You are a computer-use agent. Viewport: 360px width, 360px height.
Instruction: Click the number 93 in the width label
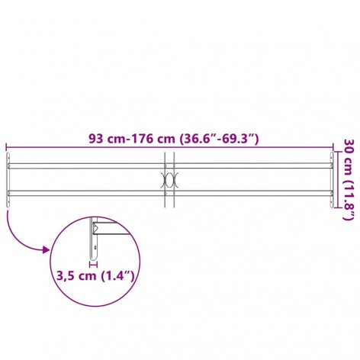[x=95, y=139]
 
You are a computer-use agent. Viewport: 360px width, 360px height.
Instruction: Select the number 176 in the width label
[x=140, y=139]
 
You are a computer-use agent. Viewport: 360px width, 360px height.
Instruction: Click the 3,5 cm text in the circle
[x=76, y=276]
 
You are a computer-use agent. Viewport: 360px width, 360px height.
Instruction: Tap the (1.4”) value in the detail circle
[x=117, y=276]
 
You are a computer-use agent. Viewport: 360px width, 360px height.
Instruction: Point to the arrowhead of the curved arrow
[x=47, y=249]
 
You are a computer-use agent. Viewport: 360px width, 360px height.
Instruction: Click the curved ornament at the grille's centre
[x=169, y=180]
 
